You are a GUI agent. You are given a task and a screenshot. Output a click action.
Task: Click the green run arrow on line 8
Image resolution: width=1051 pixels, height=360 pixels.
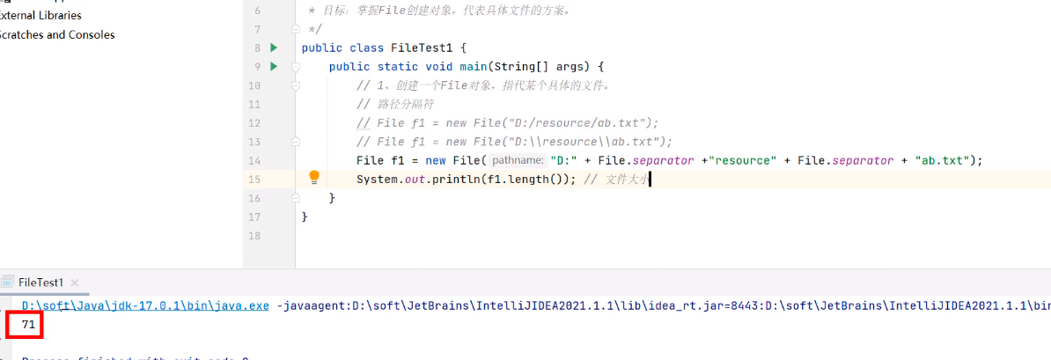click(274, 48)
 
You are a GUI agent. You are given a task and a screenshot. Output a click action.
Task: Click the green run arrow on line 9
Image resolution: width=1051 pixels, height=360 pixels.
click(274, 67)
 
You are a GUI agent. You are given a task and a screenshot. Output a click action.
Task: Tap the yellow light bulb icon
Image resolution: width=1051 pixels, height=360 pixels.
click(314, 178)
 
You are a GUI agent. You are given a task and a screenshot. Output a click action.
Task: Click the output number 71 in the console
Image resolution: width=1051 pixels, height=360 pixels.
click(27, 326)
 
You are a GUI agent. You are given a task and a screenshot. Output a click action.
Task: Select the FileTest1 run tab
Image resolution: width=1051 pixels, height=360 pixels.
click(40, 283)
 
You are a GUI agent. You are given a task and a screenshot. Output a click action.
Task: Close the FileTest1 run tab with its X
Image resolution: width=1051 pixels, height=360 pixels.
click(75, 283)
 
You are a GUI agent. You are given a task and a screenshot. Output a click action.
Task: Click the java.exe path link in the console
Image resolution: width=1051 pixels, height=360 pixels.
click(145, 305)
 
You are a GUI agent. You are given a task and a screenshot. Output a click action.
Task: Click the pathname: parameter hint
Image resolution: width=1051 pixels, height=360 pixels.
click(518, 160)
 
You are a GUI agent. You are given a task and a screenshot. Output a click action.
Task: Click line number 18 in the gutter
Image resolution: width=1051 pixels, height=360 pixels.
click(254, 236)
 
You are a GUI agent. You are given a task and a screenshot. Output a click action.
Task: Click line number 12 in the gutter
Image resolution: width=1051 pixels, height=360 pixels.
click(254, 104)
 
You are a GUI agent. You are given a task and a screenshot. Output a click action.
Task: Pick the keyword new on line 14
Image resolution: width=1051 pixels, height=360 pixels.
click(436, 160)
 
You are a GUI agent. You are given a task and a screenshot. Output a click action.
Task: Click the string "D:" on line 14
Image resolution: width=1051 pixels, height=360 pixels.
click(564, 160)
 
